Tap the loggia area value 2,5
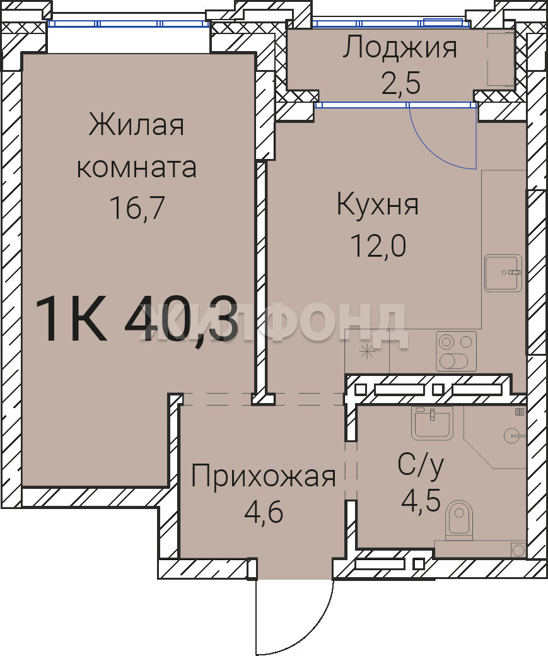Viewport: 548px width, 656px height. [x=400, y=83]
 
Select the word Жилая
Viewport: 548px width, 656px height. [x=136, y=125]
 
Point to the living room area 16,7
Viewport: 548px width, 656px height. [x=137, y=208]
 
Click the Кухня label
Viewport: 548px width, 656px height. [x=378, y=205]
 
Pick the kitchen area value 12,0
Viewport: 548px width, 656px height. [x=378, y=245]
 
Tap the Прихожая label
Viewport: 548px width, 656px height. [x=263, y=476]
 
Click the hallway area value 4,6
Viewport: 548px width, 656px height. [x=264, y=512]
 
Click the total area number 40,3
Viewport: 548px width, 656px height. [x=182, y=318]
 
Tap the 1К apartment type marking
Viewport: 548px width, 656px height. [x=71, y=318]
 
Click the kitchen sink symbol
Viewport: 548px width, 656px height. [x=503, y=272]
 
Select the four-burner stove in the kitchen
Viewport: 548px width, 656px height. [x=456, y=351]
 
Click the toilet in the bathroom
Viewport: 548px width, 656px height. [x=459, y=518]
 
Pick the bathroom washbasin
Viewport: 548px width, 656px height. [x=432, y=423]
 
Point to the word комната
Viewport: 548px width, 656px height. [x=136, y=167]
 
